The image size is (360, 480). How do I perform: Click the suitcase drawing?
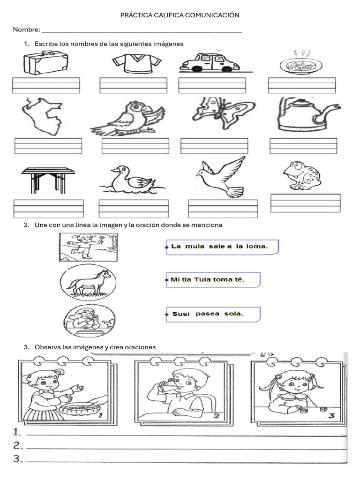click(x=46, y=62)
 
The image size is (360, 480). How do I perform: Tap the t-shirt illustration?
click(x=137, y=63)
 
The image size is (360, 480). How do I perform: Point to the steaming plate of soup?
click(x=301, y=63)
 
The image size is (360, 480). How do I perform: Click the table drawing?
click(x=48, y=180)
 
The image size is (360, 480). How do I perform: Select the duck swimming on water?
click(x=132, y=180)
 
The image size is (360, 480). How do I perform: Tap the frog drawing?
click(x=302, y=175)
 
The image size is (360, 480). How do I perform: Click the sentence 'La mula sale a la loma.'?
click(x=219, y=247)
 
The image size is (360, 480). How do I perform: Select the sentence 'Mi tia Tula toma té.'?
click(x=208, y=279)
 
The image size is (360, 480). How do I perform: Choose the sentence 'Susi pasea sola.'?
click(x=208, y=314)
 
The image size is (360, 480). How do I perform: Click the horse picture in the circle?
click(x=88, y=282)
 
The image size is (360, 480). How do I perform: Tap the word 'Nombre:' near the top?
click(x=27, y=30)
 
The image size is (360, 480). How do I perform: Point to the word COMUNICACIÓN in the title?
click(x=212, y=15)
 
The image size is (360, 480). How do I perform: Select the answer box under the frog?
click(x=306, y=203)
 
